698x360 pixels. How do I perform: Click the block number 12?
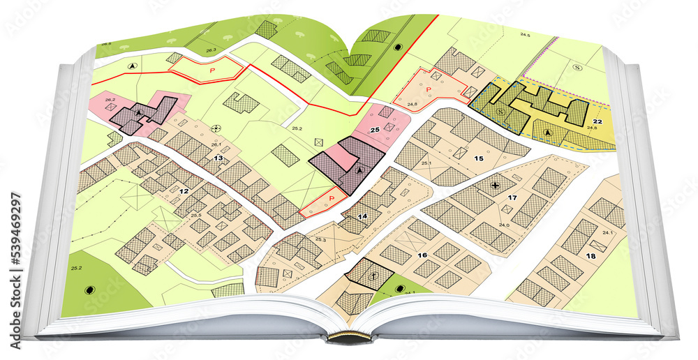pos(184,191)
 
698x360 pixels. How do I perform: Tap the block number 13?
pos(218,158)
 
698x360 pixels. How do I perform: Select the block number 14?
pos(362,216)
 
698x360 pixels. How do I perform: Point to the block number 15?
pos(478,158)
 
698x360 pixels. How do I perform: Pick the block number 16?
pos(422,255)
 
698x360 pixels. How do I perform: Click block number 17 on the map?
pos(512,199)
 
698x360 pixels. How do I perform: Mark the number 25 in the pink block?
pos(374,130)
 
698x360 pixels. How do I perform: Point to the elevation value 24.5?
pos(525,35)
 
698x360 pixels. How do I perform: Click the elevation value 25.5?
pos(196,215)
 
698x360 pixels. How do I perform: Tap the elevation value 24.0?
pos(504,225)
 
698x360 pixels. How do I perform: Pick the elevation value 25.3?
pos(320,239)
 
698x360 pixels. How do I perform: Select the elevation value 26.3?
pos(211,50)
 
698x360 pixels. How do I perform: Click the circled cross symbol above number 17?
pos(495,185)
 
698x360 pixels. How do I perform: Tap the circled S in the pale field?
pos(577,67)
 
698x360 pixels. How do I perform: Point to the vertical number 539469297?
pos(13,239)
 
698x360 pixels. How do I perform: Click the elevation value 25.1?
pos(426,163)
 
